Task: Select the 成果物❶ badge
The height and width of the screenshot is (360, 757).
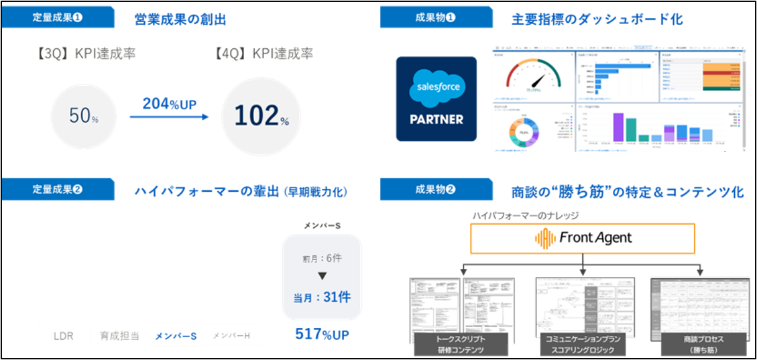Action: coord(435,18)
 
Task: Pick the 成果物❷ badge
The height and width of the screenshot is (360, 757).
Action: coord(435,190)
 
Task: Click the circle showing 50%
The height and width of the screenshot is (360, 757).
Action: coord(84,116)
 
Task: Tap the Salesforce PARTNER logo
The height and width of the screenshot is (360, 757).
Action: coord(436,99)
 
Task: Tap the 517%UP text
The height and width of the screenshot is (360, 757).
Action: coord(322,334)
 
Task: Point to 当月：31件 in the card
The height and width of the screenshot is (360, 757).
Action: coord(322,297)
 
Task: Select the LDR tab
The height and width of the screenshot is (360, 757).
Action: coord(64,335)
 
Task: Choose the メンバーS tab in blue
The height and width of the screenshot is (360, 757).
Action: coord(175,335)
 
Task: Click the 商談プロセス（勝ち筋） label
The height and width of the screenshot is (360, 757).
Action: coord(701,345)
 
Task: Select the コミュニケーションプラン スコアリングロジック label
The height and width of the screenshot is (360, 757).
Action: coord(582,345)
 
